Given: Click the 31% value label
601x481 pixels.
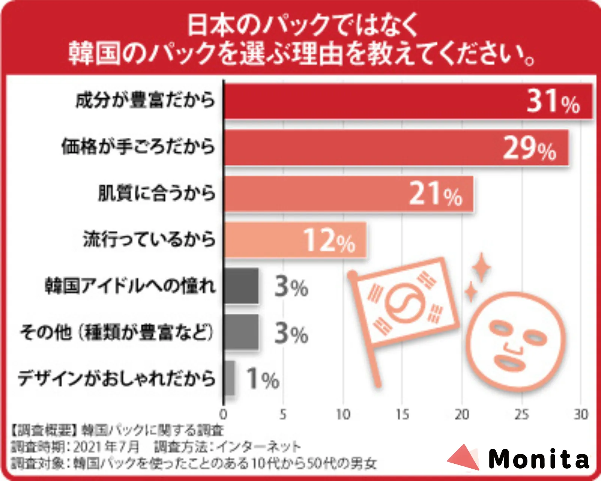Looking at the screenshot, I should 553,101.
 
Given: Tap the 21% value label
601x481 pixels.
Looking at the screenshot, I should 435,194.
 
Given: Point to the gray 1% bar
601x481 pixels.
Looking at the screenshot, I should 229,378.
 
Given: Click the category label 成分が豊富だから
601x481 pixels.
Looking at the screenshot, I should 146,101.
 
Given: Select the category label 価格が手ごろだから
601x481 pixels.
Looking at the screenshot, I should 138,147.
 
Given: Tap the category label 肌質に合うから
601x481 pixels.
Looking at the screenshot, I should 157,193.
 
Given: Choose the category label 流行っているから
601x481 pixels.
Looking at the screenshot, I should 149,240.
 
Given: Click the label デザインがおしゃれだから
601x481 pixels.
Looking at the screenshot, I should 116,378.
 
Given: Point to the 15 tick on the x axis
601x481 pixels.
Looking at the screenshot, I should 402,415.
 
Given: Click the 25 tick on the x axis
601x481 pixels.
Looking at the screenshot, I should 521,415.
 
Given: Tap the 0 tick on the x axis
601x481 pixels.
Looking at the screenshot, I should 223,415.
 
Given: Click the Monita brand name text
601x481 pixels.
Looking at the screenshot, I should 539,459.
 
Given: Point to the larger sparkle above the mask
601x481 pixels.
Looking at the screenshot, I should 481,267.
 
